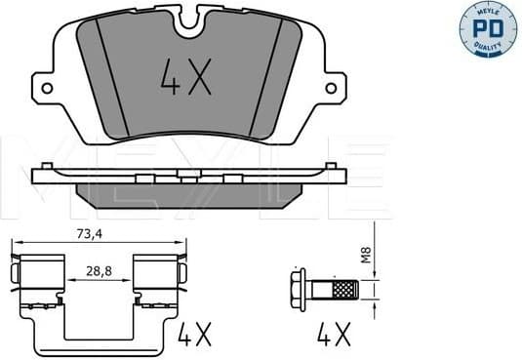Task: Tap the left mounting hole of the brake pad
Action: [x=45, y=87]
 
